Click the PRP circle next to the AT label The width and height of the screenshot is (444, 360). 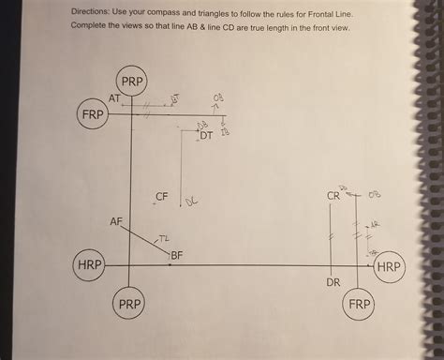[132, 82]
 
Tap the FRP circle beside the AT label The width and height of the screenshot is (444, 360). [92, 114]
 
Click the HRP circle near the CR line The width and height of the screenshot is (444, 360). [389, 266]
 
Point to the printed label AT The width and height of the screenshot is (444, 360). [113, 98]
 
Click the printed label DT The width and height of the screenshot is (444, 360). [206, 136]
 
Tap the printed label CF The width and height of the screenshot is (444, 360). [162, 197]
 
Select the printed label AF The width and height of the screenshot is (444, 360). [116, 222]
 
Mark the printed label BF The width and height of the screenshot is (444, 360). [177, 254]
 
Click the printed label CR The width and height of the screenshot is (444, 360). [333, 197]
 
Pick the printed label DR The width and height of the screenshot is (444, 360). [333, 281]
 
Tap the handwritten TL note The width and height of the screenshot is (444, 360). [164, 241]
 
